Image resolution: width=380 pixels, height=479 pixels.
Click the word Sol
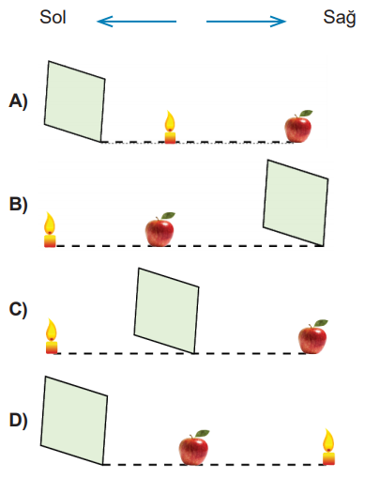(x=53, y=17)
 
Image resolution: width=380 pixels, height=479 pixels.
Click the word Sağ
(x=340, y=18)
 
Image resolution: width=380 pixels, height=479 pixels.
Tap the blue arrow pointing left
(x=137, y=22)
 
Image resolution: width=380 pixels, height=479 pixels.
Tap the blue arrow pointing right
(x=246, y=22)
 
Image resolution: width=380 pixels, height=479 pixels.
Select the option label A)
(x=19, y=101)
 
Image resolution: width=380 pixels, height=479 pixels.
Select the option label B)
(x=19, y=204)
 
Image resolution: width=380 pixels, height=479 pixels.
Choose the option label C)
(x=18, y=309)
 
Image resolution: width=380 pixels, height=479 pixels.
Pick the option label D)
(x=19, y=420)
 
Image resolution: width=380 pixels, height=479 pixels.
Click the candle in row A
(x=170, y=127)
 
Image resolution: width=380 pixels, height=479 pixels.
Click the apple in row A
(x=298, y=126)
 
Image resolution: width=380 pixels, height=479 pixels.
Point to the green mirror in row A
(x=74, y=101)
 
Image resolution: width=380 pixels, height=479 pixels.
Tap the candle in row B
(x=50, y=229)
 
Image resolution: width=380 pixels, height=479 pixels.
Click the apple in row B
(x=160, y=229)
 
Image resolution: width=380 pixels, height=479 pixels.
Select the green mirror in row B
(x=296, y=203)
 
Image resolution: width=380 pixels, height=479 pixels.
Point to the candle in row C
(x=52, y=336)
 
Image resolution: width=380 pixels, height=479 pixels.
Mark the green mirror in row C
(x=166, y=311)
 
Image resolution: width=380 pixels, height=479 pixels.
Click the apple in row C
(x=312, y=336)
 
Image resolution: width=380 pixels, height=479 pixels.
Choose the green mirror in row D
(x=74, y=421)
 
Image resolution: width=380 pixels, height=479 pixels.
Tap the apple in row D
(x=194, y=448)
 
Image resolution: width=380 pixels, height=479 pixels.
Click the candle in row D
(x=328, y=447)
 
